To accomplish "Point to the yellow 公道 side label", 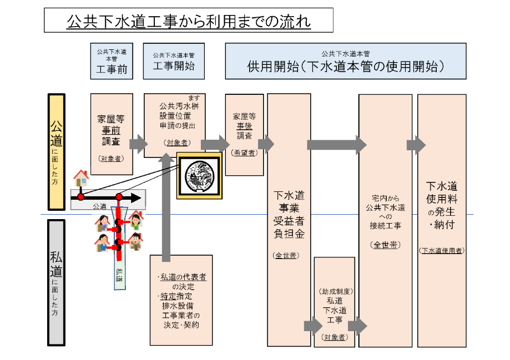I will point(57,151).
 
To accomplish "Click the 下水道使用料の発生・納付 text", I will point(442,205).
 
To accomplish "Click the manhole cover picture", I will point(199,175).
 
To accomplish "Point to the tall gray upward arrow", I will point(164,205).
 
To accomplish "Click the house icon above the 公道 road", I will point(81,178).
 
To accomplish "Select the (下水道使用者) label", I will point(442,250).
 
